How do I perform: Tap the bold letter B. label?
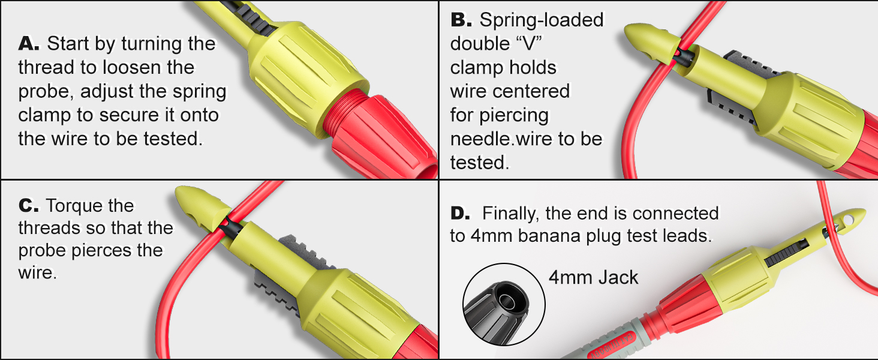coord(462,20)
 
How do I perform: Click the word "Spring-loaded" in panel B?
coord(542,20)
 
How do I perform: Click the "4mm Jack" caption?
coord(593,277)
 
